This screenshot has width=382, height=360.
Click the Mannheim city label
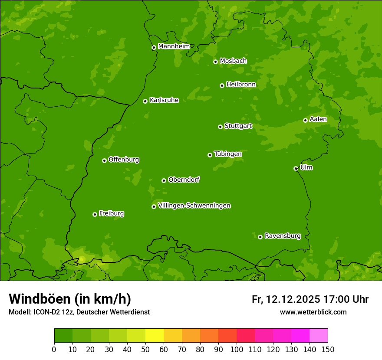click(x=174, y=46)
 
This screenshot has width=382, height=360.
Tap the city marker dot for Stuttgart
click(x=220, y=127)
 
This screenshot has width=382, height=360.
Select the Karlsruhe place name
click(x=164, y=100)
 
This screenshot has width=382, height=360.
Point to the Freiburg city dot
click(x=95, y=214)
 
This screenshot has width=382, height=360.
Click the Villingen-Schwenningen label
click(x=194, y=206)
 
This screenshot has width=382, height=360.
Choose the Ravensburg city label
click(x=282, y=236)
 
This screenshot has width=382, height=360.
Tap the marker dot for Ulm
click(x=296, y=168)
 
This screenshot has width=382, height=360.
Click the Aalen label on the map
click(x=318, y=119)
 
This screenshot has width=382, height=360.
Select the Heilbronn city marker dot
click(x=222, y=85)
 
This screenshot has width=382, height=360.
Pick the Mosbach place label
click(x=233, y=61)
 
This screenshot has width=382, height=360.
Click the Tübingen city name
click(x=228, y=154)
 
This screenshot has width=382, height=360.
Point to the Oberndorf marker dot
click(x=164, y=180)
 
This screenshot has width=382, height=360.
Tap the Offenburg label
click(x=124, y=160)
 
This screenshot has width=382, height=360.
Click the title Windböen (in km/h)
click(x=70, y=299)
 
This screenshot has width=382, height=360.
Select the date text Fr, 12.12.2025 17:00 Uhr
click(x=310, y=299)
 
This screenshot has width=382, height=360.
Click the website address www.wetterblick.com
click(x=313, y=312)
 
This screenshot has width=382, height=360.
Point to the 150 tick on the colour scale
click(x=328, y=350)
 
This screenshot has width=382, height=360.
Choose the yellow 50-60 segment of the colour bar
click(x=155, y=336)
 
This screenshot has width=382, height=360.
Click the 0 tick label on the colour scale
click(x=54, y=350)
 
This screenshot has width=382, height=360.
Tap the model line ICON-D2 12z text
click(x=79, y=312)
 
